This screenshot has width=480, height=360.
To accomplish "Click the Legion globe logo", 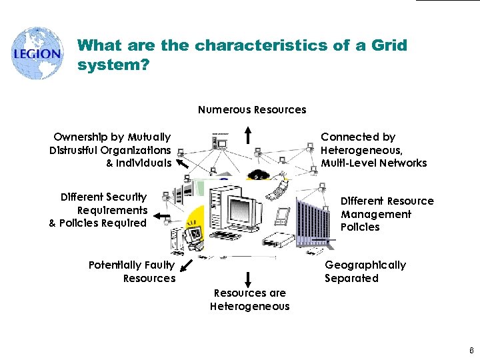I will [37, 54].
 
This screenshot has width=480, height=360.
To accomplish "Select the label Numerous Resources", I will [252, 110].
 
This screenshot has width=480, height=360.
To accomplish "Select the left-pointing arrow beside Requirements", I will [161, 216].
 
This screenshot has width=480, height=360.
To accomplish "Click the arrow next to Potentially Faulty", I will [186, 267].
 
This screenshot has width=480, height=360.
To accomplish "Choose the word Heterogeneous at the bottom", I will [250, 307].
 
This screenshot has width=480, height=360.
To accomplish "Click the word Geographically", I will [365, 265].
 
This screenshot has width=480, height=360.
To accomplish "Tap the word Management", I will [376, 214].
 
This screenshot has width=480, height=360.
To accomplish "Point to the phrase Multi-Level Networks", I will [374, 163].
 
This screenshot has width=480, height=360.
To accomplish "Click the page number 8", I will [471, 349].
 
